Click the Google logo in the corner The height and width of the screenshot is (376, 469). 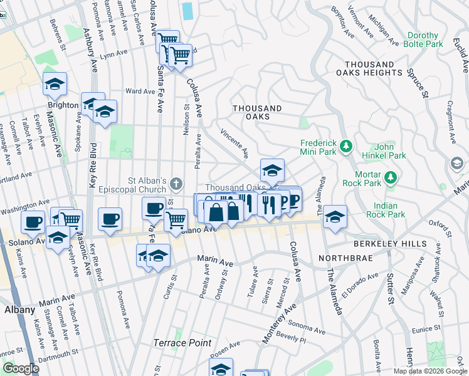coord(21,368)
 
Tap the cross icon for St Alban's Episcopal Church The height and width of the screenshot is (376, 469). coord(177,184)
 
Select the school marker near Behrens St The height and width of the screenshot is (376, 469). coord(55,83)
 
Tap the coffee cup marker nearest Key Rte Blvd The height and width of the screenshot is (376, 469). coord(110,219)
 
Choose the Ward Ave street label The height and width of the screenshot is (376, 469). coord(140,91)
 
